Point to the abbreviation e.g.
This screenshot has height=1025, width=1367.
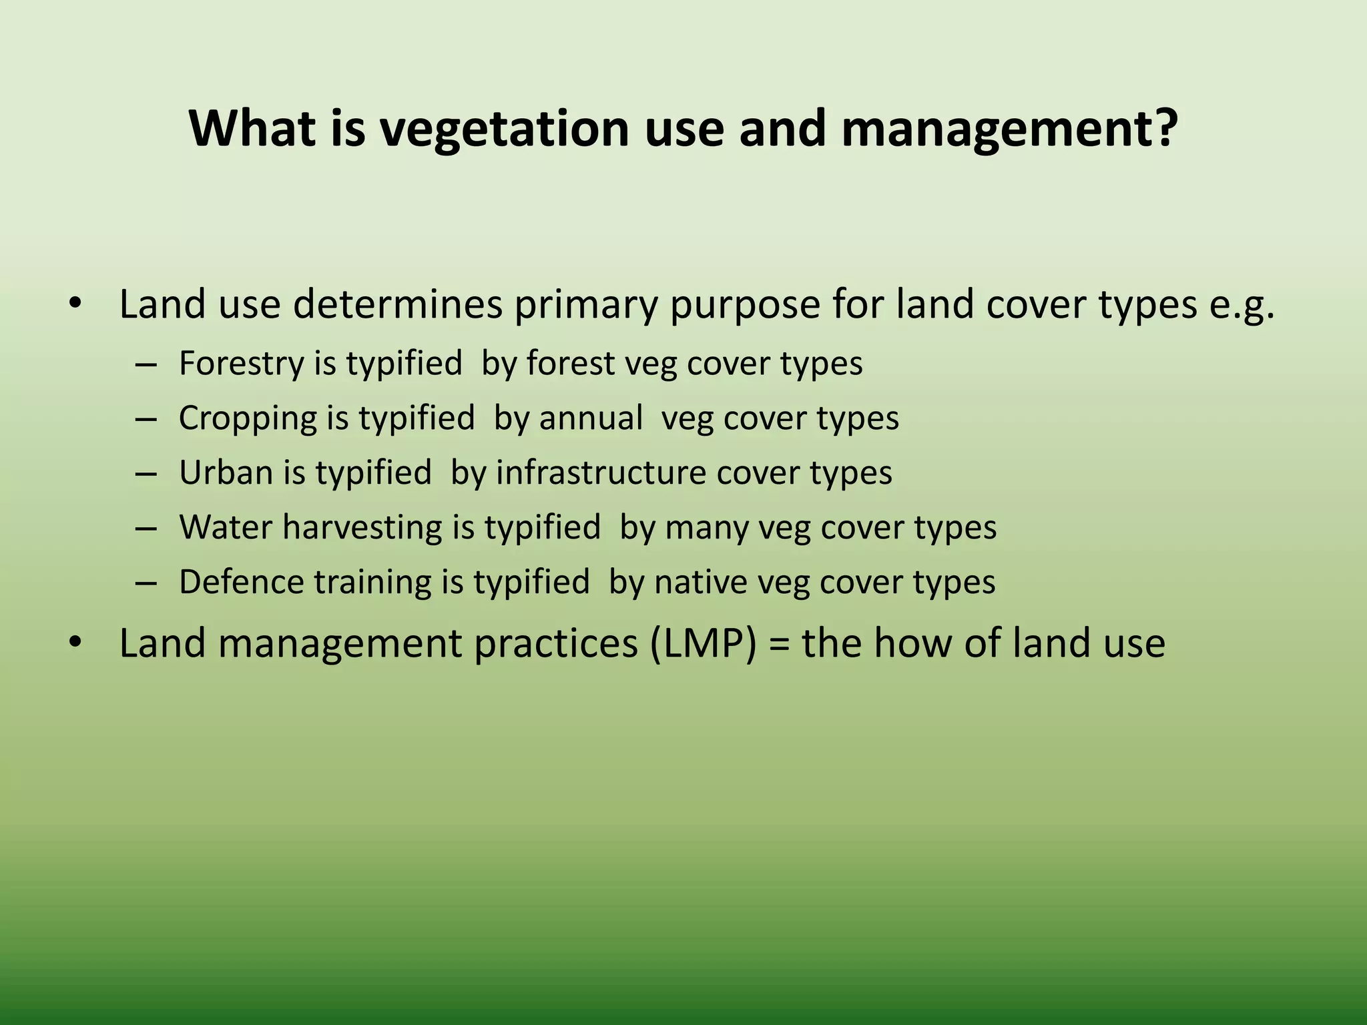click(x=1242, y=306)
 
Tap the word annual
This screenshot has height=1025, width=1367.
click(x=591, y=418)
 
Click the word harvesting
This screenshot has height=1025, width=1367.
click(x=362, y=528)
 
